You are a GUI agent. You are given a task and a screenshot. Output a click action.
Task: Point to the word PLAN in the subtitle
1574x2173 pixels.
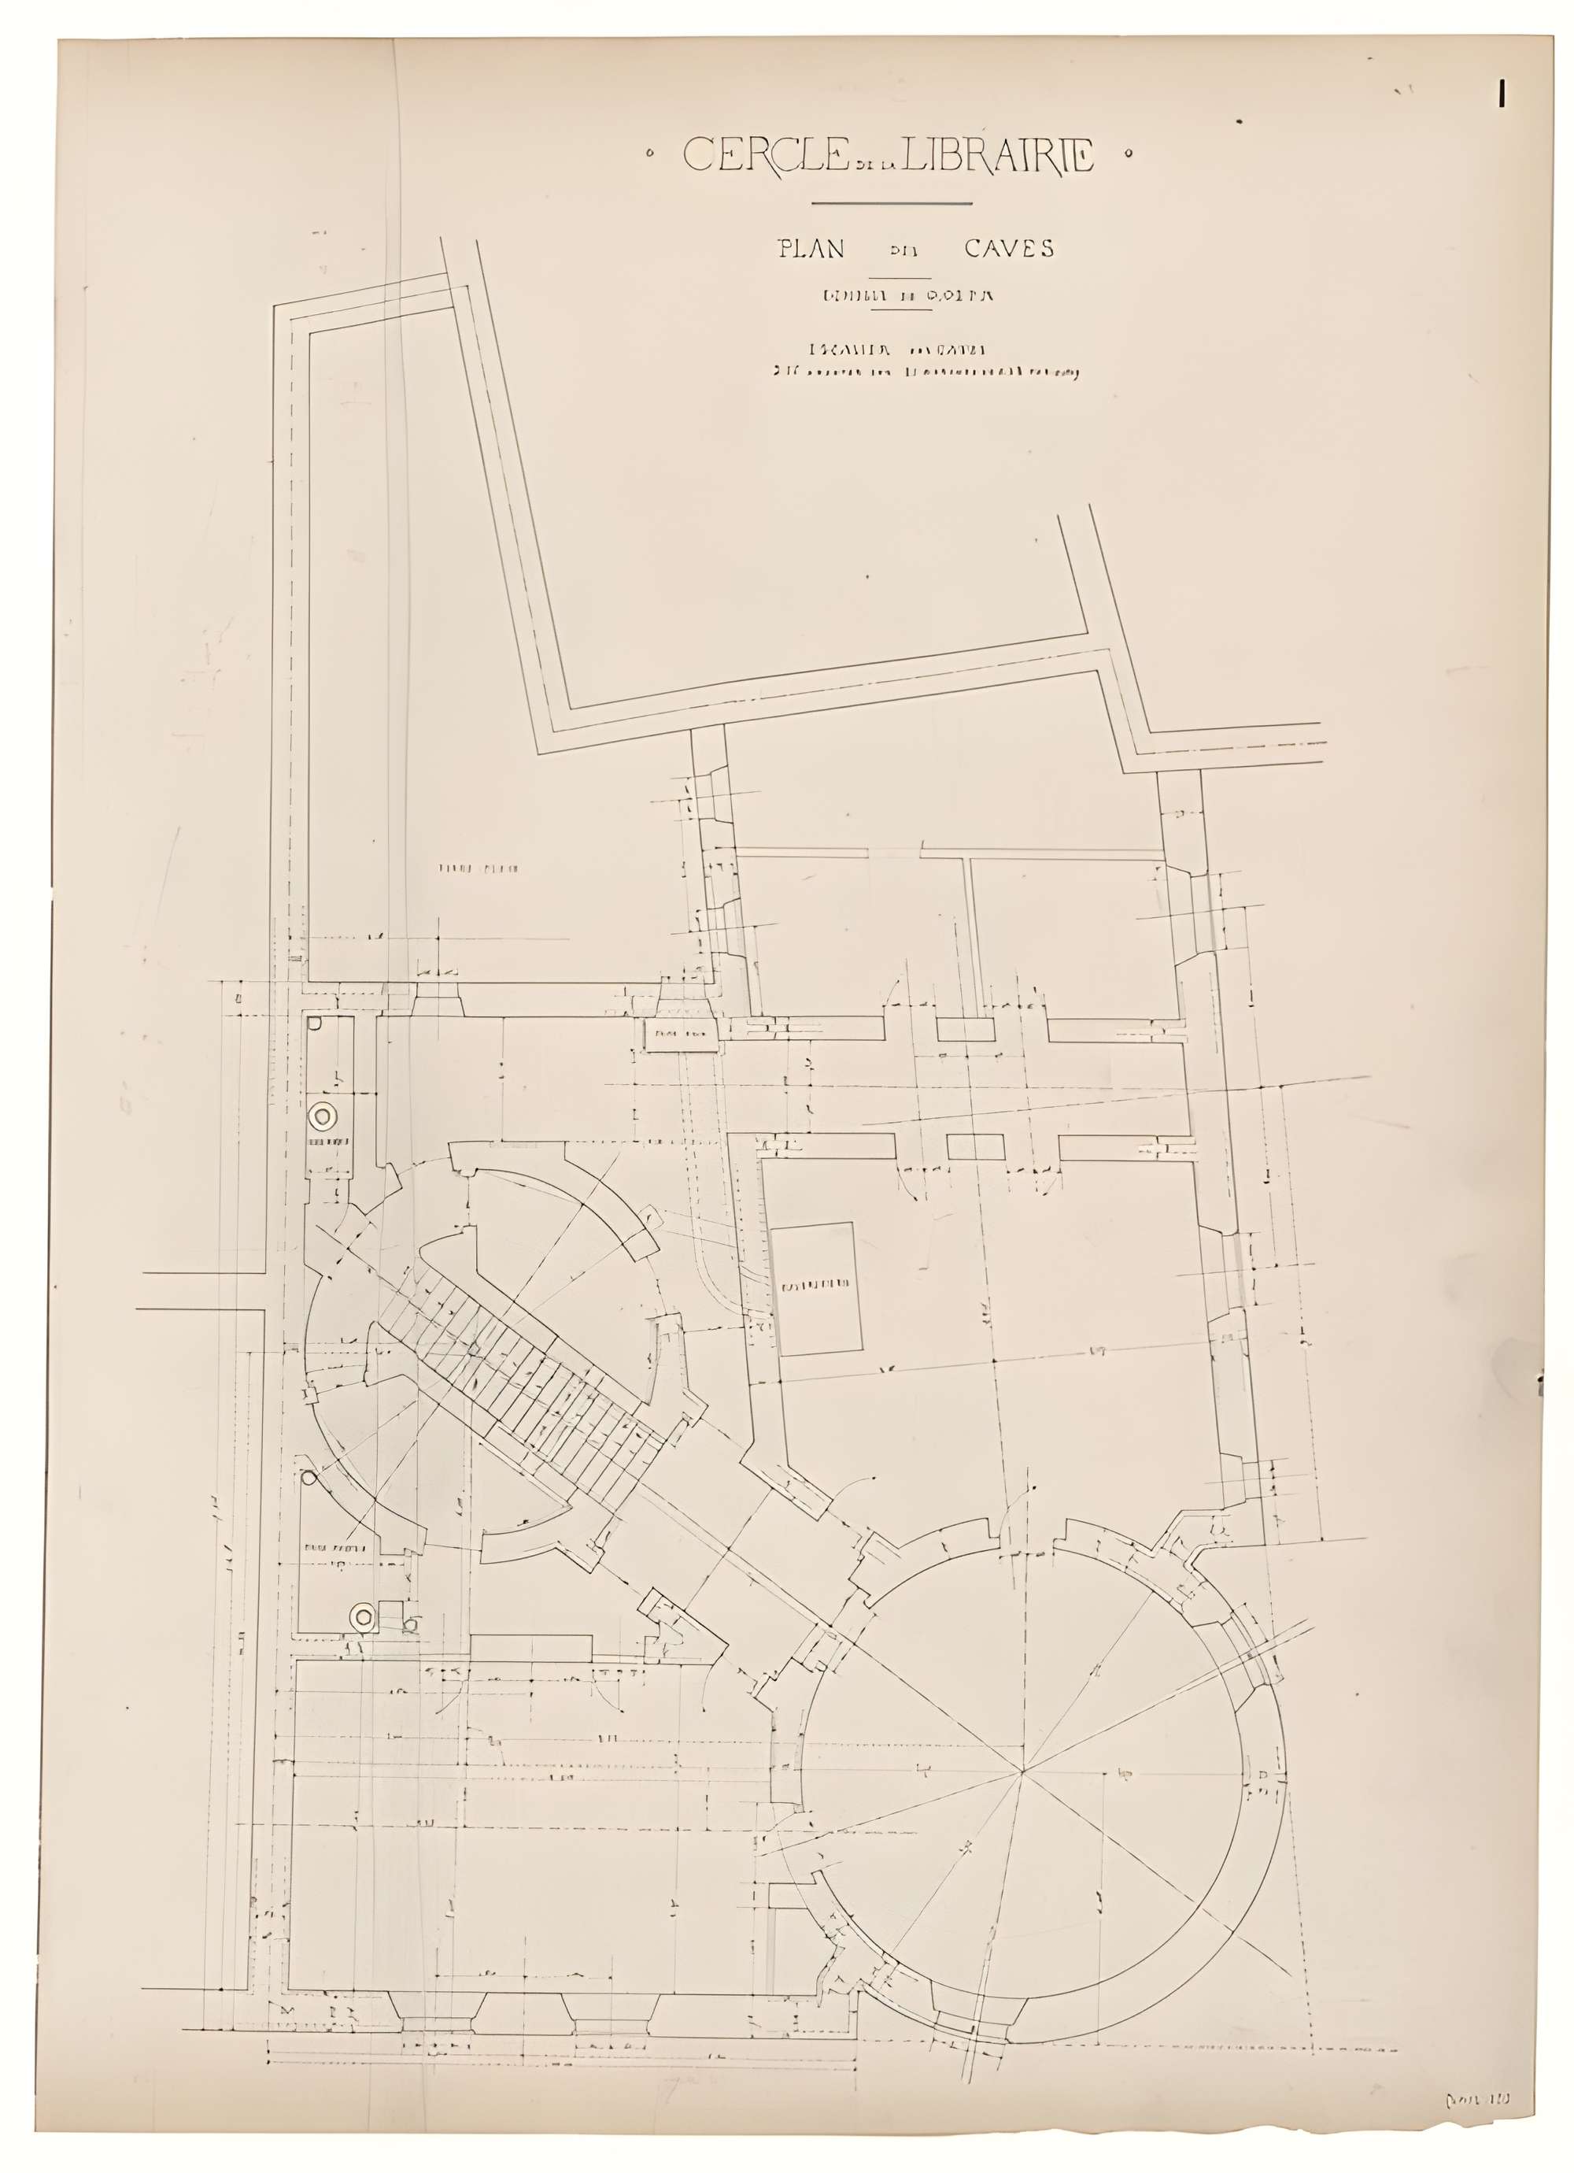811,248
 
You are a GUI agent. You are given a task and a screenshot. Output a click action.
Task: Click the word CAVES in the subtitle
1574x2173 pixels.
1009,248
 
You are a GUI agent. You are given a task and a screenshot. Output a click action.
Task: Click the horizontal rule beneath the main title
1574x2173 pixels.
891,203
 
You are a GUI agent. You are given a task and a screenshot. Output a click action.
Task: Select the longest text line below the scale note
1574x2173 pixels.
926,374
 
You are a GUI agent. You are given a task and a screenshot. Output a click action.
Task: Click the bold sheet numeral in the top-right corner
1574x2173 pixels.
1502,92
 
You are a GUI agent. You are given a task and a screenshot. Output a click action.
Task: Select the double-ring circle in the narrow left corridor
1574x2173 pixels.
323,1116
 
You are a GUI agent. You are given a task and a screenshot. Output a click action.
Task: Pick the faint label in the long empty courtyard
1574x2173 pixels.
478,869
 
